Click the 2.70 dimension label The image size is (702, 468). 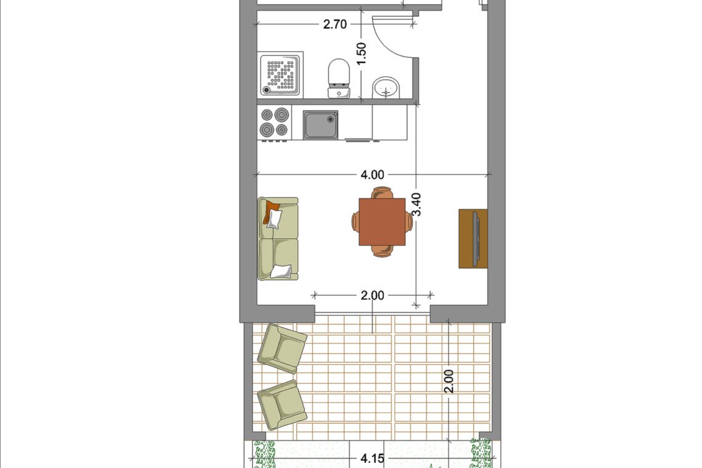click(x=335, y=24)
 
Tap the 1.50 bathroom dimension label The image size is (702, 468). click(x=361, y=54)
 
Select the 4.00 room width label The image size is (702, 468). click(x=373, y=175)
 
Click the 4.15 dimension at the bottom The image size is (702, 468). click(x=373, y=459)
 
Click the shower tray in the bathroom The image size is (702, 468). click(x=280, y=74)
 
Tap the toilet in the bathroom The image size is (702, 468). click(x=339, y=78)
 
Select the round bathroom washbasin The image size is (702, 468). click(x=386, y=87)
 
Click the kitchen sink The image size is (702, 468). click(x=320, y=125)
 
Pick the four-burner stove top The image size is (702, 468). click(x=275, y=123)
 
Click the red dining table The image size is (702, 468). click(x=382, y=222)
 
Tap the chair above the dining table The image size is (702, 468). click(x=382, y=193)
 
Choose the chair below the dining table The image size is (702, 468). click(x=382, y=251)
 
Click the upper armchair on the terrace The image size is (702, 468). click(x=281, y=349)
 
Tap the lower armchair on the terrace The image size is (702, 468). click(x=281, y=405)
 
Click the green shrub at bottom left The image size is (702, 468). click(x=264, y=454)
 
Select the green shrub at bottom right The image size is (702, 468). click(x=480, y=453)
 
